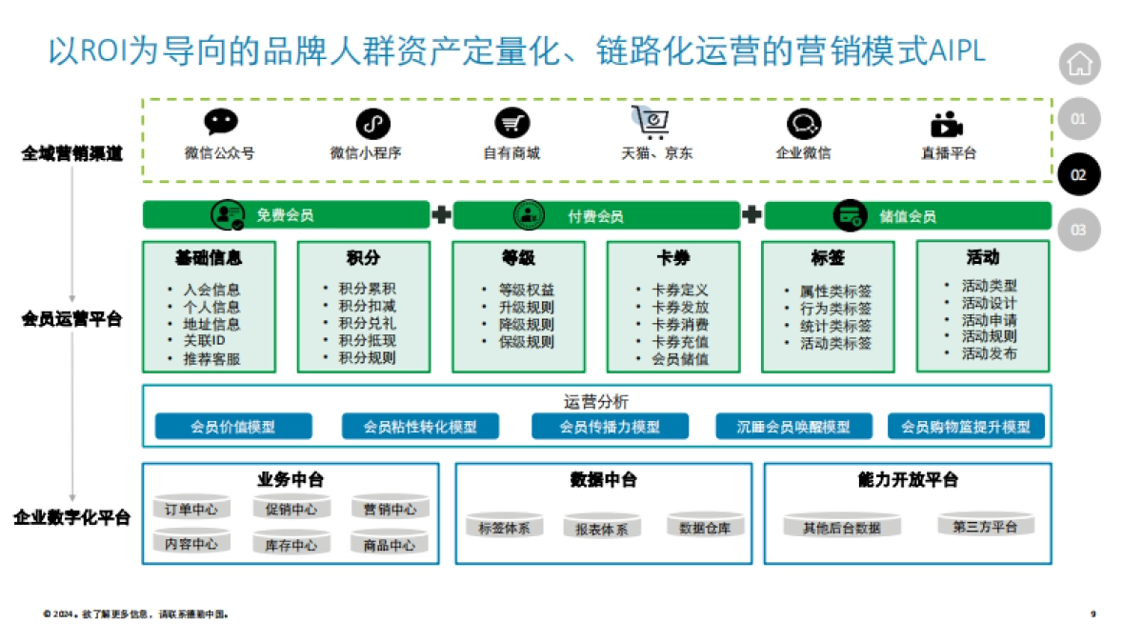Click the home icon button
click(1079, 65)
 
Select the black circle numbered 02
click(1079, 175)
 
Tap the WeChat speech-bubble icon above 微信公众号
click(220, 123)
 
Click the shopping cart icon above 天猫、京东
click(651, 121)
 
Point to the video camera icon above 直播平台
click(947, 125)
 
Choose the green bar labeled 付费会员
click(596, 216)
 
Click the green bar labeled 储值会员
click(907, 216)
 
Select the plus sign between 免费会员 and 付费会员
click(441, 215)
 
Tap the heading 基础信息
click(209, 258)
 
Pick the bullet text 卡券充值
click(679, 341)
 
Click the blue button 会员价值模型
click(233, 427)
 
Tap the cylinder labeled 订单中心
click(191, 509)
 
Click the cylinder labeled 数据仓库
click(705, 527)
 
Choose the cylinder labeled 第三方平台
click(985, 526)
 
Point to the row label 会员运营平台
click(72, 319)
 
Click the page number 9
click(1093, 614)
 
